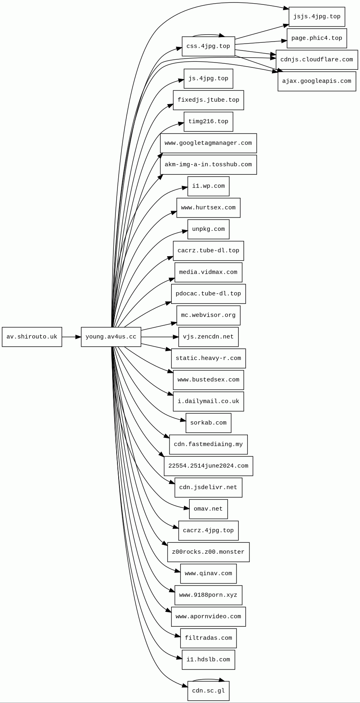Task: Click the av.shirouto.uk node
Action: pyautogui.click(x=32, y=337)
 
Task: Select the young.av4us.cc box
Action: pyautogui.click(x=111, y=337)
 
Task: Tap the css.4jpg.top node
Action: pyautogui.click(x=208, y=46)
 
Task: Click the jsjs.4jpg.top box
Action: pyautogui.click(x=317, y=17)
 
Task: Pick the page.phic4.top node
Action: pyautogui.click(x=317, y=38)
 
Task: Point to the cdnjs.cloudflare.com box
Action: pyautogui.click(x=317, y=60)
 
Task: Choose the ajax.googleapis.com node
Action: pyautogui.click(x=317, y=82)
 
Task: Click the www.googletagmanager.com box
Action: pyautogui.click(x=208, y=143)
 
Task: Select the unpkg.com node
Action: pyautogui.click(x=208, y=229)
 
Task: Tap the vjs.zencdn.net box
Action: pyautogui.click(x=208, y=337)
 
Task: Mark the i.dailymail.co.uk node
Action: pyautogui.click(x=208, y=402)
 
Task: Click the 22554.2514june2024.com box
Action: pyautogui.click(x=208, y=466)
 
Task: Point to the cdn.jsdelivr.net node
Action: pyautogui.click(x=208, y=487)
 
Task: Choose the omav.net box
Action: pyautogui.click(x=208, y=509)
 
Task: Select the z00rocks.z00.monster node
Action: pyautogui.click(x=208, y=552)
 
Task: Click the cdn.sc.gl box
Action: pyautogui.click(x=208, y=691)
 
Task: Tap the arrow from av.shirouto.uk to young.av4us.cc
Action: pyautogui.click(x=71, y=337)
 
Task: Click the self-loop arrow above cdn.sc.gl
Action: pyautogui.click(x=208, y=680)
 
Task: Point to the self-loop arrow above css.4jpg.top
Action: pyautogui.click(x=208, y=35)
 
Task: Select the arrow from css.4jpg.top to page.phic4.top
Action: pyautogui.click(x=261, y=42)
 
